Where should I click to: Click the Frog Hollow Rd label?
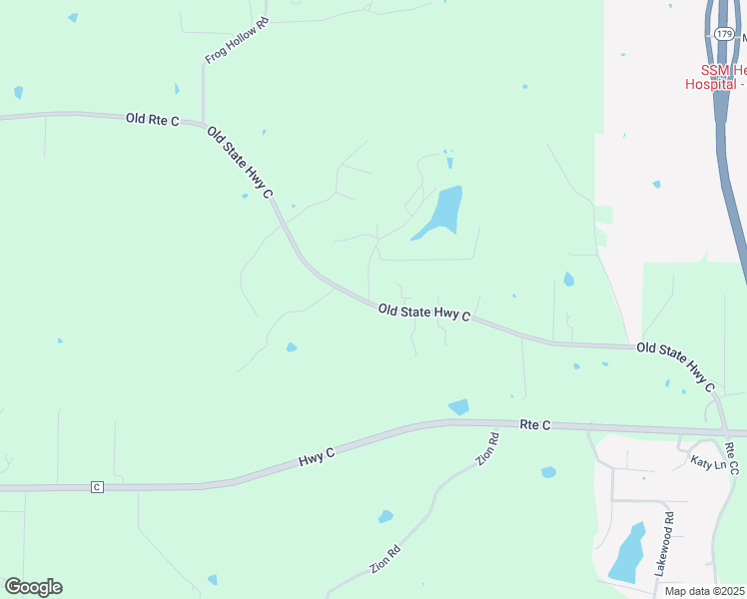pyautogui.click(x=238, y=41)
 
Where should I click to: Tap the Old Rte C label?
pyautogui.click(x=152, y=120)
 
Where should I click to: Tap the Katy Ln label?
pyautogui.click(x=710, y=462)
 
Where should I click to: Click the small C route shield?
pyautogui.click(x=97, y=486)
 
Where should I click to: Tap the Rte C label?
pyautogui.click(x=535, y=424)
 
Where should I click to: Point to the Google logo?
pyautogui.click(x=33, y=587)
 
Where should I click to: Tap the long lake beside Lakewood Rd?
pyautogui.click(x=626, y=553)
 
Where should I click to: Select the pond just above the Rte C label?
pyautogui.click(x=459, y=406)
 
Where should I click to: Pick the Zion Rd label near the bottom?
pyautogui.click(x=385, y=558)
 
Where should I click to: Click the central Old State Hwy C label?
pyautogui.click(x=424, y=312)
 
